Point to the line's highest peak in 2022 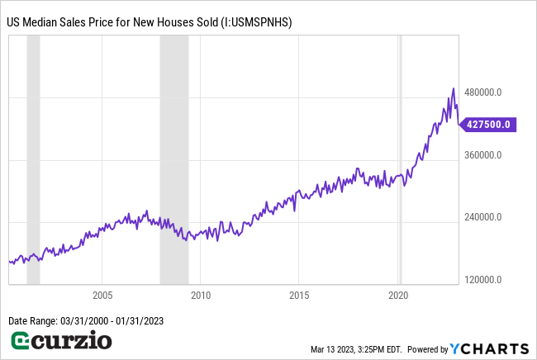point(453,88)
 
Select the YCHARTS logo point(492,348)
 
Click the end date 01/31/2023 point(140,320)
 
